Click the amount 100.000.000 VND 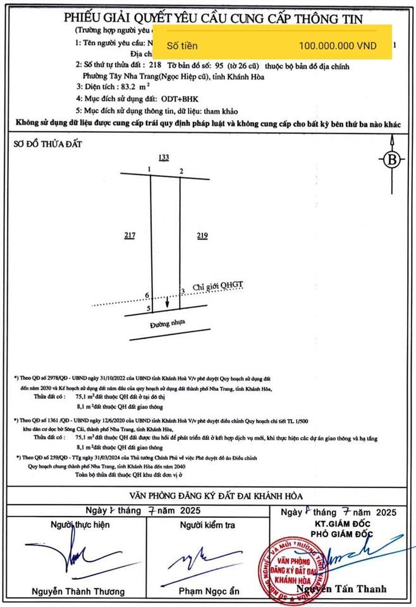pyautogui.click(x=337, y=46)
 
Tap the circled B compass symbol pyautogui.click(x=392, y=159)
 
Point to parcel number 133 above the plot pyautogui.click(x=164, y=158)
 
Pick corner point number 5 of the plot pyautogui.click(x=149, y=309)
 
